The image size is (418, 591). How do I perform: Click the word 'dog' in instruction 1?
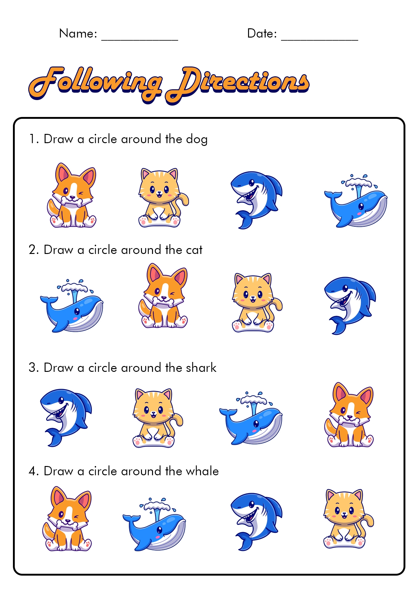click(197, 139)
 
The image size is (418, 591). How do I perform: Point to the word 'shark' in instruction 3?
click(201, 368)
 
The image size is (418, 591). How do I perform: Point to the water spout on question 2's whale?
click(74, 291)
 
